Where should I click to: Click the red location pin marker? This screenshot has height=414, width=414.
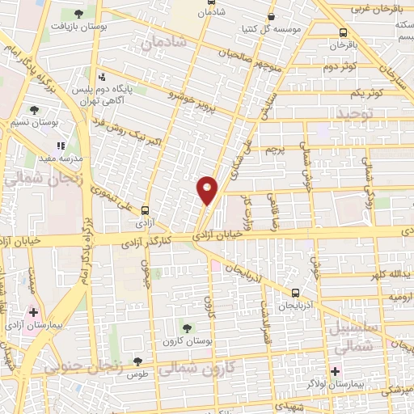(x=208, y=190)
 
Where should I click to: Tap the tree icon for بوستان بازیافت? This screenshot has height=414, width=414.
(x=78, y=14)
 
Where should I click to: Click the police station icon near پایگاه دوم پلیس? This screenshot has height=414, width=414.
(x=102, y=78)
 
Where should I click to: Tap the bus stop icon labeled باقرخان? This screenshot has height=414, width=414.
(x=344, y=33)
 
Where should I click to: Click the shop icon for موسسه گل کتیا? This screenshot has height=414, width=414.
(x=271, y=15)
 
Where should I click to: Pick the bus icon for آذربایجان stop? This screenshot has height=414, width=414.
(x=295, y=293)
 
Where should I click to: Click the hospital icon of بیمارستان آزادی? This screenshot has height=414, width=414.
(x=33, y=312)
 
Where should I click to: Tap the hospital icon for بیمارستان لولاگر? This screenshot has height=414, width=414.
(x=335, y=372)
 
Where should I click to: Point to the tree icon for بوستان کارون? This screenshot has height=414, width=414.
(x=188, y=327)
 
